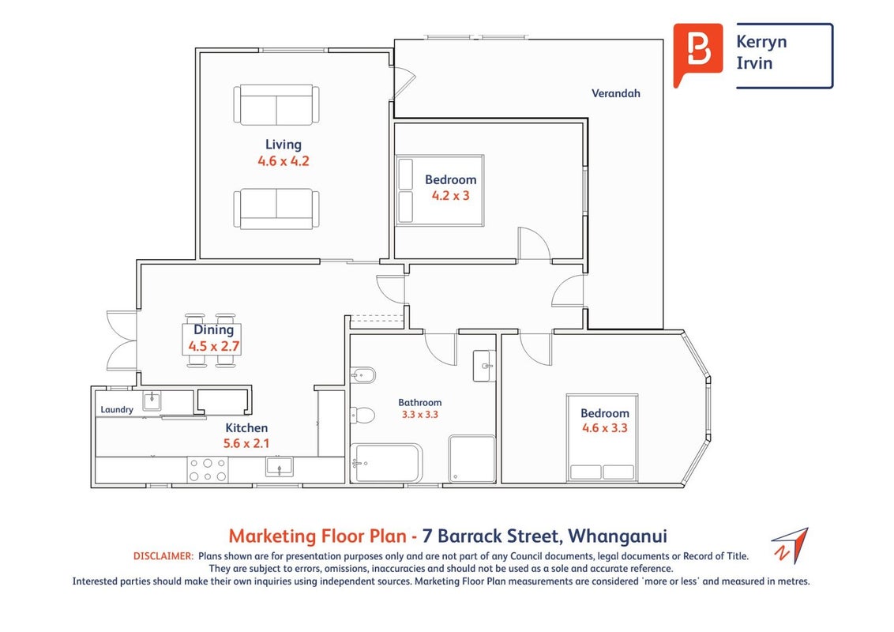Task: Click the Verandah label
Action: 616,93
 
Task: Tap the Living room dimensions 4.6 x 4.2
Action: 284,161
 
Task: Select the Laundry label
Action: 117,409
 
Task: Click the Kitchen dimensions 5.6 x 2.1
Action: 246,443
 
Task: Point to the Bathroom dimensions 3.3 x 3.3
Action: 419,415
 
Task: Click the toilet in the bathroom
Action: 362,415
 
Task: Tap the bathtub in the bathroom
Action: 386,463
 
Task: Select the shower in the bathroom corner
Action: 472,459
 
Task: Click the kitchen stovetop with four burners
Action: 208,470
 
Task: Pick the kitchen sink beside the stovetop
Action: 280,467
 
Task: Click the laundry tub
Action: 152,401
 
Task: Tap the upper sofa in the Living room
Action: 276,105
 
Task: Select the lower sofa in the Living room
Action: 276,209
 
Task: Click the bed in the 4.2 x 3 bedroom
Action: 440,190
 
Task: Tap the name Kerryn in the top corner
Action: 761,42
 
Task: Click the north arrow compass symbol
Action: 791,545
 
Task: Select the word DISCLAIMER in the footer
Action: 163,556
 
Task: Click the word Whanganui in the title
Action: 618,536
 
